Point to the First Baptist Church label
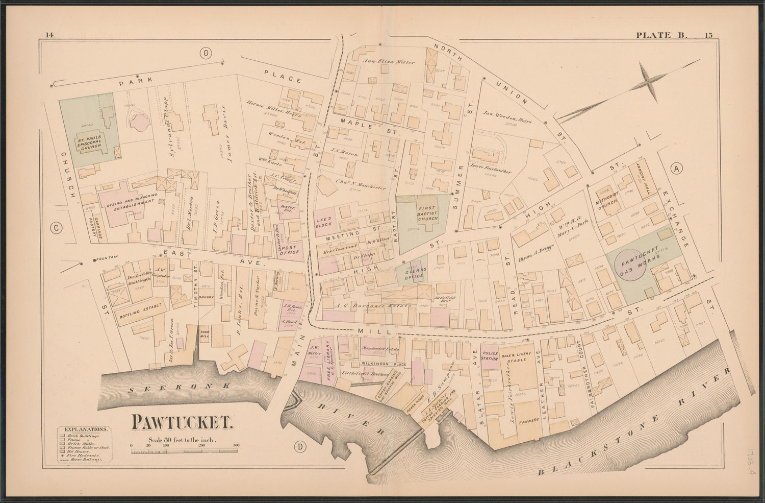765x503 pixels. (x=424, y=212)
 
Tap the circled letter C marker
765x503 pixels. (x=56, y=229)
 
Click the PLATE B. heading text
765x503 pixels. (x=661, y=35)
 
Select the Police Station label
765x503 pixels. (x=490, y=356)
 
